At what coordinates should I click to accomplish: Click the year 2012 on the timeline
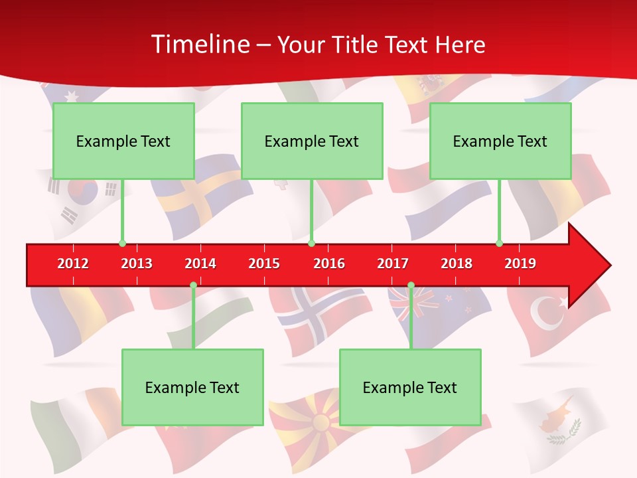(73, 264)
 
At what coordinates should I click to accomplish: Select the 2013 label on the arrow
(137, 264)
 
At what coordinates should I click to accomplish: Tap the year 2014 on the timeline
(200, 264)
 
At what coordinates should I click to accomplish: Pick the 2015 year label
(264, 264)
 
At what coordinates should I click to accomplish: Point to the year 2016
(329, 264)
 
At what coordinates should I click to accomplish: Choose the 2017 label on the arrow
(393, 264)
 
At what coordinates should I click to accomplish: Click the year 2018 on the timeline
(457, 264)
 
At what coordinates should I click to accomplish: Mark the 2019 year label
(520, 264)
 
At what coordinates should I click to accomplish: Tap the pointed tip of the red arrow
(609, 266)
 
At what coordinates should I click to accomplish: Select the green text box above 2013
(123, 141)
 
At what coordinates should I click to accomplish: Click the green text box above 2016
(312, 141)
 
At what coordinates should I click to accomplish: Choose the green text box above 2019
(500, 141)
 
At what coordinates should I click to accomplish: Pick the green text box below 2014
(192, 387)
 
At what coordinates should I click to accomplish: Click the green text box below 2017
(410, 387)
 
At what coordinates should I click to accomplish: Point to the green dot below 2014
(193, 285)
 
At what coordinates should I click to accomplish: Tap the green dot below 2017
(411, 285)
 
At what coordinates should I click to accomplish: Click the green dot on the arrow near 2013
(122, 243)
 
